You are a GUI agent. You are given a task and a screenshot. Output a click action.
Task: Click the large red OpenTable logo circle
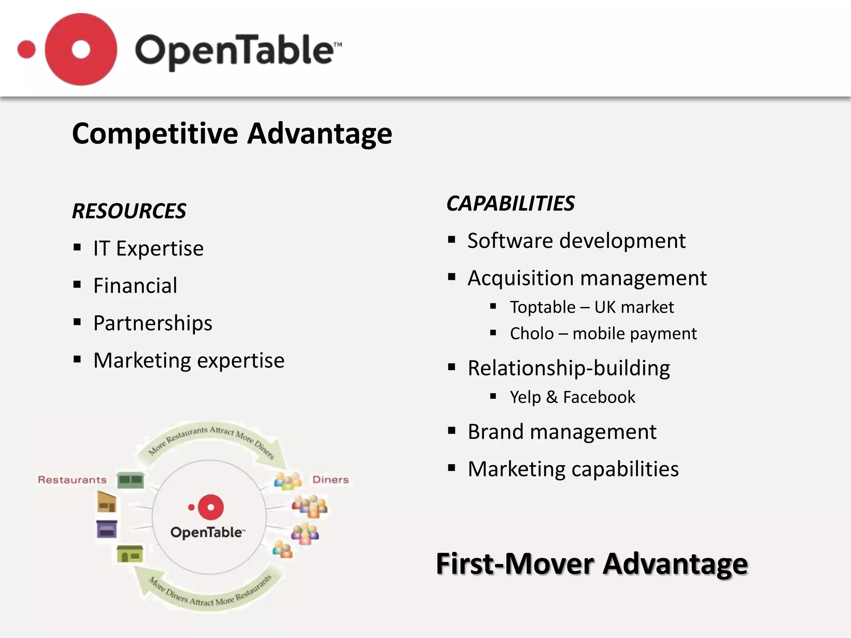[81, 49]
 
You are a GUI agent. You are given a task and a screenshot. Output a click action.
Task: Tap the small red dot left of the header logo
[27, 50]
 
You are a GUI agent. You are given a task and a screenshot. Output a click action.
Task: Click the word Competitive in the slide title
[155, 134]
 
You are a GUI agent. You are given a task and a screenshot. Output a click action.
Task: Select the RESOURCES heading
[129, 211]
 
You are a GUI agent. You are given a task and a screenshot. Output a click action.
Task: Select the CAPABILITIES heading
[510, 204]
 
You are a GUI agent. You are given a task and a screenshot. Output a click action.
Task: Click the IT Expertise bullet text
[148, 248]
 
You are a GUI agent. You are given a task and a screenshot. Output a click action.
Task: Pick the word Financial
[135, 286]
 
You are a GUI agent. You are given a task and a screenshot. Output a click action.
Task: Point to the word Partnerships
[152, 323]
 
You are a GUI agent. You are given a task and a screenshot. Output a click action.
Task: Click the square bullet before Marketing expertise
[77, 359]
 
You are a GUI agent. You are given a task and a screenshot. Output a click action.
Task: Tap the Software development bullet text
[576, 241]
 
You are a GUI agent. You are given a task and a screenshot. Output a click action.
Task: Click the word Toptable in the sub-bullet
[543, 307]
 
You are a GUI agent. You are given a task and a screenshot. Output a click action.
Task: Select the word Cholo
[532, 334]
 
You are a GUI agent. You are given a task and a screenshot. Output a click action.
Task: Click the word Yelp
[525, 397]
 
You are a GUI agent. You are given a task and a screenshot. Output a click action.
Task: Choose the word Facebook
[599, 397]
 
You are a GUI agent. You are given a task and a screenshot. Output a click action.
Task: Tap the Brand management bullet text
[562, 432]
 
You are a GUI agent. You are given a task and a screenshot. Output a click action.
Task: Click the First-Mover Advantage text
[592, 564]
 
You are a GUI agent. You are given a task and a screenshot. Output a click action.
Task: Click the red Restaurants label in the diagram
[72, 480]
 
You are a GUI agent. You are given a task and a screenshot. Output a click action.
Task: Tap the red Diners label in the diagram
[330, 480]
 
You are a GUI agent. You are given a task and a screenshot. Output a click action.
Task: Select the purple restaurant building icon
[107, 529]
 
